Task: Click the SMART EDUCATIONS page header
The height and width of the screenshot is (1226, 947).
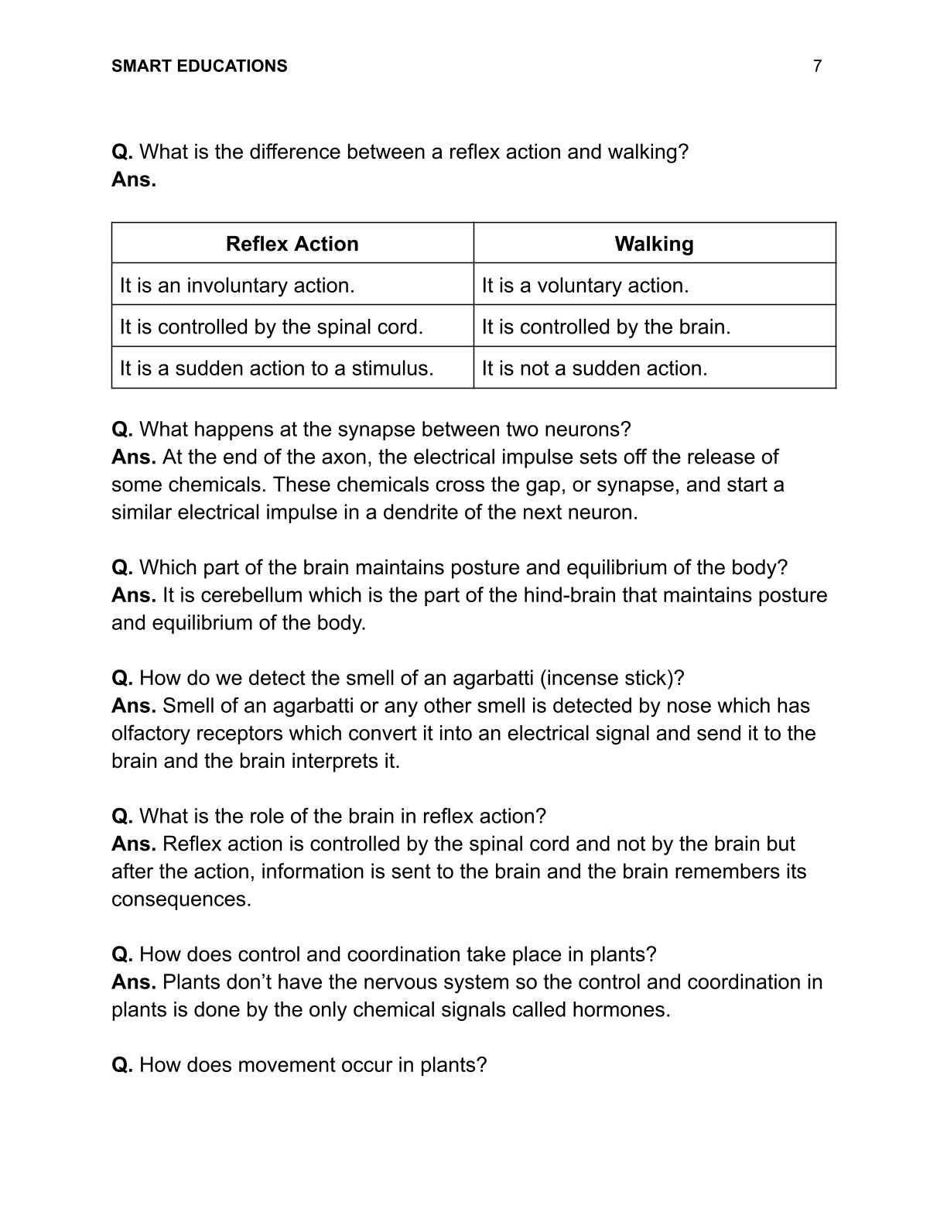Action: coord(199,67)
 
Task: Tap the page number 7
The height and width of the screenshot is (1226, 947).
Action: coord(817,67)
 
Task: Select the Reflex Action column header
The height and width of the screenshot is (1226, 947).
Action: coord(292,244)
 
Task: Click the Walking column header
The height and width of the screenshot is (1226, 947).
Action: coord(654,244)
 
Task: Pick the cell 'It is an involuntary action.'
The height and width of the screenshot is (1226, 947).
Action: coord(238,286)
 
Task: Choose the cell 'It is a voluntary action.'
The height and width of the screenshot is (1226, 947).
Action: coord(585,286)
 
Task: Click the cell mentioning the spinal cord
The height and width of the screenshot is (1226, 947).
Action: coord(272,327)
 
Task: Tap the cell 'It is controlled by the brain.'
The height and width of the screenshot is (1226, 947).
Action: coord(606,327)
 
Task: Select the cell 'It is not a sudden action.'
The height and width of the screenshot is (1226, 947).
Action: coord(594,368)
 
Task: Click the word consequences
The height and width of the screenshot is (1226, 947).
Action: coord(181,899)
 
